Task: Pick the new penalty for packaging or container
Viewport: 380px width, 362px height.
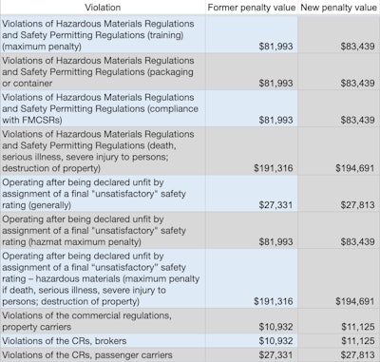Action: [352, 83]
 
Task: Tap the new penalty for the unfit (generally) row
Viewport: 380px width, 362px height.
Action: [352, 204]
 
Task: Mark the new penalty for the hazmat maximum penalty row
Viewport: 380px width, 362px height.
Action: [352, 242]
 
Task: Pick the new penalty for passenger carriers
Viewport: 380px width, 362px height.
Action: [352, 354]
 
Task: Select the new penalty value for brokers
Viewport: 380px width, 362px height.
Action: [352, 341]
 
